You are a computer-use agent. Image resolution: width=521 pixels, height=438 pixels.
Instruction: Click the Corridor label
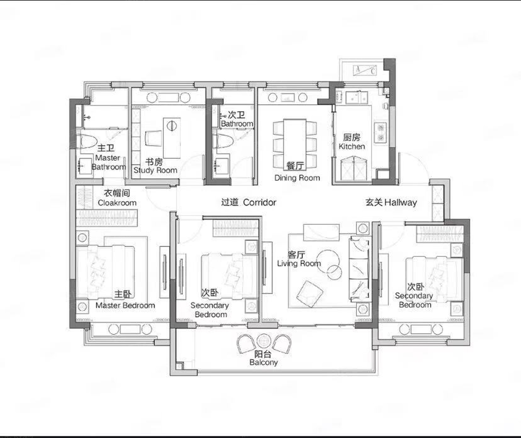[259, 202]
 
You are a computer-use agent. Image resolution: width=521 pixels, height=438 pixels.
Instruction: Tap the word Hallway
[400, 202]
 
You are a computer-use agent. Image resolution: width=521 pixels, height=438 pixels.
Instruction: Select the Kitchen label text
[352, 146]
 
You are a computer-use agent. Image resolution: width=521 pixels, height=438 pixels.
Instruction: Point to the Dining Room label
[297, 178]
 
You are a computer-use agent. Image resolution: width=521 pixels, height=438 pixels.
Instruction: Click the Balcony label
[263, 362]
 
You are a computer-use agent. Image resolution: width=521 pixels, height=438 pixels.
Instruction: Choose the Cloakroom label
[117, 203]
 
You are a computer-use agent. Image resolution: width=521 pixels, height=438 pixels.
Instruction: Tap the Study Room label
[155, 170]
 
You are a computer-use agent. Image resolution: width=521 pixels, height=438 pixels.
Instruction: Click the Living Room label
[299, 263]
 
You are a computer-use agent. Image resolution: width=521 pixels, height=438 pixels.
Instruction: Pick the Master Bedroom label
[125, 305]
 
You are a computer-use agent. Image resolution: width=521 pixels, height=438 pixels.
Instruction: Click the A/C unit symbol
[365, 70]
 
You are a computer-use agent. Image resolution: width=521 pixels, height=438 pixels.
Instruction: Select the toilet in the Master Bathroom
[86, 141]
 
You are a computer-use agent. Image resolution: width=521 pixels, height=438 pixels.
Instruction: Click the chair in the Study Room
[153, 138]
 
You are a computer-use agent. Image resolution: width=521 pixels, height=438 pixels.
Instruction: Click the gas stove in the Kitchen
[381, 133]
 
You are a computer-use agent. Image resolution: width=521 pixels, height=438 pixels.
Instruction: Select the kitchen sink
[357, 98]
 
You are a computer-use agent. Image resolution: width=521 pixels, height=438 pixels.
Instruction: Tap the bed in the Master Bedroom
[105, 272]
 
